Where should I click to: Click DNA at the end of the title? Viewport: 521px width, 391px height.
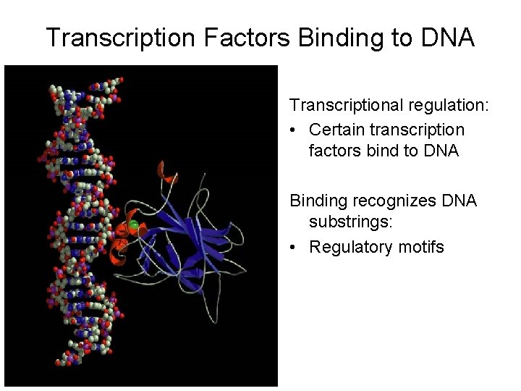[446, 38]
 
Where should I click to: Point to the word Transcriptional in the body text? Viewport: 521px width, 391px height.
[344, 106]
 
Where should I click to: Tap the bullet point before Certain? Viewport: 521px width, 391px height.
[294, 130]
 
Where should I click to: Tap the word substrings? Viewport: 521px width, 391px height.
[351, 223]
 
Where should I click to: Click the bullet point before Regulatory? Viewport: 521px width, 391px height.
[294, 248]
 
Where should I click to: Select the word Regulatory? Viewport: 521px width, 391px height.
[350, 247]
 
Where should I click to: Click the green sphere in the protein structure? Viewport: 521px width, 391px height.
[135, 226]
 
